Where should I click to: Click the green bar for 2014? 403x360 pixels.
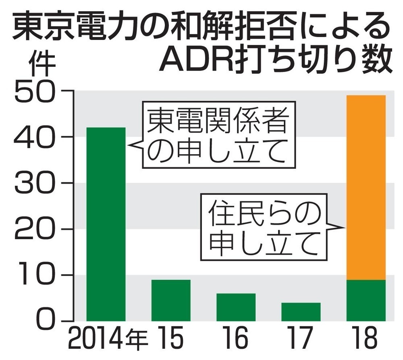(x=106, y=224)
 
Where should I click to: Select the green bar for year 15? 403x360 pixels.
(x=171, y=300)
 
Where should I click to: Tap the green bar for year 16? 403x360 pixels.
(x=236, y=307)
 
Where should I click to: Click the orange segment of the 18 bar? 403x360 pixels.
(x=366, y=187)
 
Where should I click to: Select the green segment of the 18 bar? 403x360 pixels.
(x=366, y=300)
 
